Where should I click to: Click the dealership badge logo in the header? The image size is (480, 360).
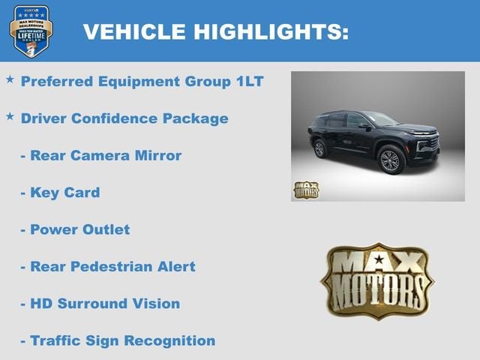click(31, 31)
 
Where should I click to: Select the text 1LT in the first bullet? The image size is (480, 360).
click(247, 81)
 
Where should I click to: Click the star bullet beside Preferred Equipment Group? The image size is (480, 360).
click(10, 79)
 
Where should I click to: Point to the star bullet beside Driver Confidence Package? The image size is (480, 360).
click(10, 116)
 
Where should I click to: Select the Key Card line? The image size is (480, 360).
click(64, 193)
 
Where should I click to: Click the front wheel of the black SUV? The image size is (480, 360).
click(391, 160)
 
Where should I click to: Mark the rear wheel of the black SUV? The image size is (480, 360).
click(320, 148)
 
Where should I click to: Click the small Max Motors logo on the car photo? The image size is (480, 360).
click(305, 189)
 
